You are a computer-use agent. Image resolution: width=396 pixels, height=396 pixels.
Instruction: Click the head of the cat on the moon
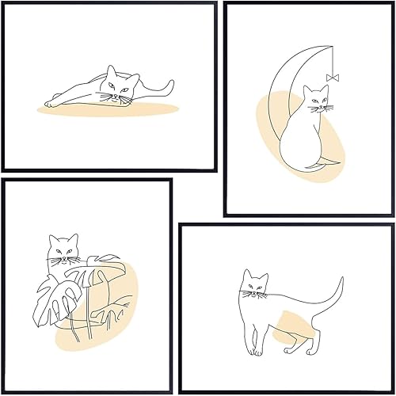pyautogui.click(x=317, y=101)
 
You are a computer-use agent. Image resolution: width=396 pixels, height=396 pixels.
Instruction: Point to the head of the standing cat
pyautogui.click(x=255, y=285)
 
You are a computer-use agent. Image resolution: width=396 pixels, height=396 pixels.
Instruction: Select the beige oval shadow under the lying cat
pyautogui.click(x=95, y=110)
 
